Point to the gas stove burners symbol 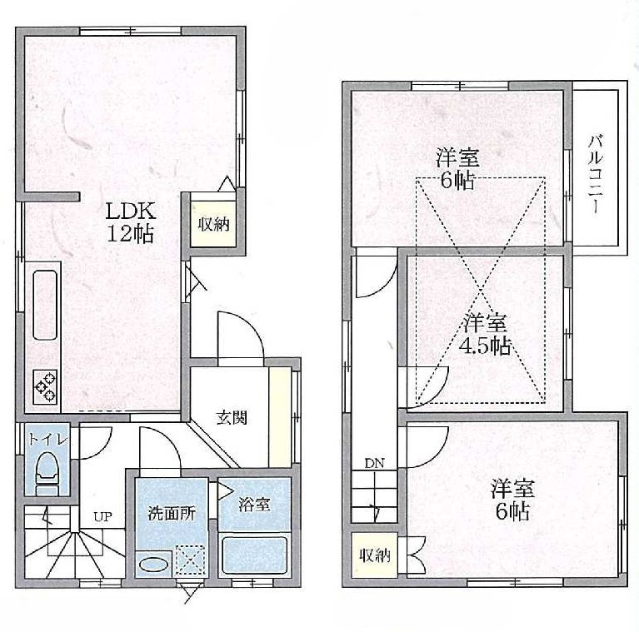[x=45, y=386]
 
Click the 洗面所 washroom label [x=172, y=513]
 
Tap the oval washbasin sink [x=152, y=565]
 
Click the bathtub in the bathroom [x=254, y=556]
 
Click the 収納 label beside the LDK [x=213, y=223]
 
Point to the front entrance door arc [x=242, y=336]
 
